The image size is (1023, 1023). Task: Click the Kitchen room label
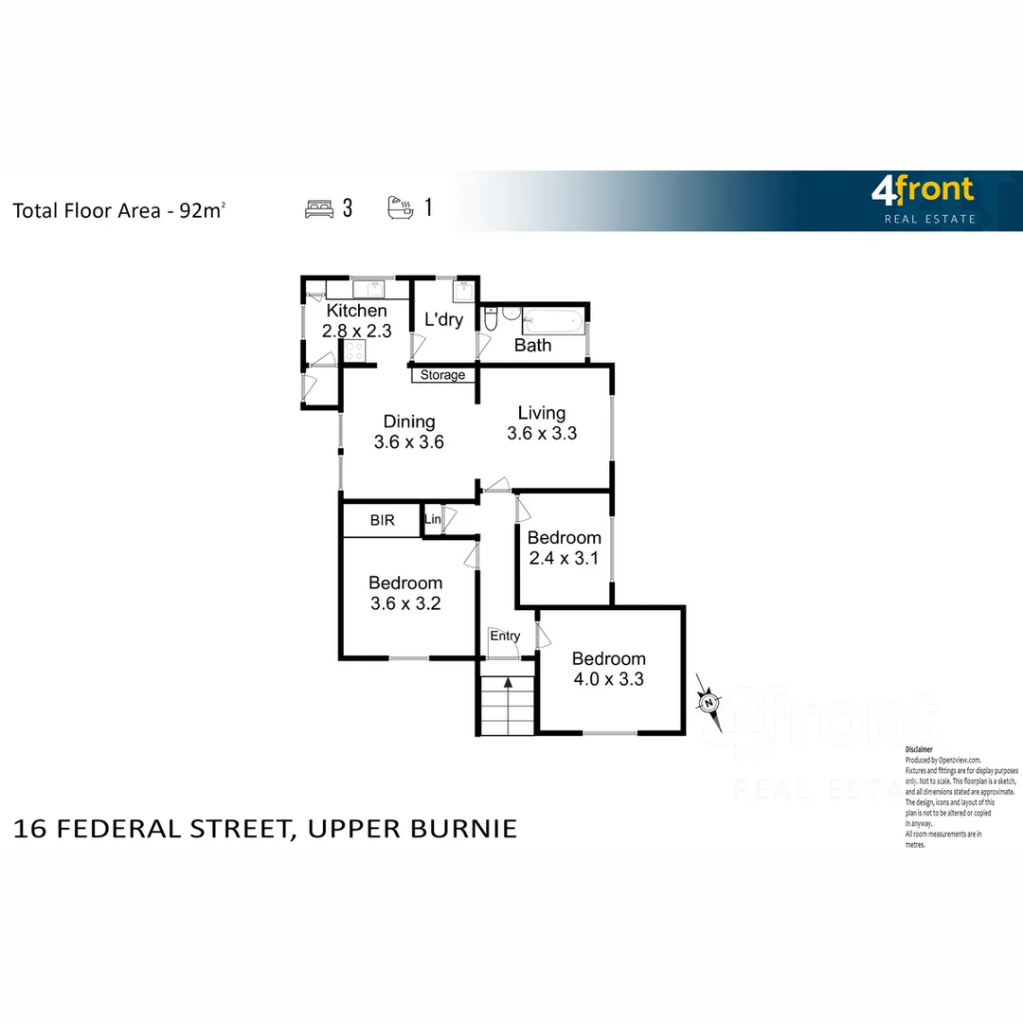click(x=356, y=311)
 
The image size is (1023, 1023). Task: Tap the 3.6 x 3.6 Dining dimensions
click(x=409, y=441)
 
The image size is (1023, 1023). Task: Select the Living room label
click(x=542, y=413)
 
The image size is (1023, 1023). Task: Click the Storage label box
click(x=442, y=375)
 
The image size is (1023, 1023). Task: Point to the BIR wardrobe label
click(x=382, y=521)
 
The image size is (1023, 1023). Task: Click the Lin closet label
click(x=433, y=520)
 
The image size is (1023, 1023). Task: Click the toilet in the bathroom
click(x=490, y=321)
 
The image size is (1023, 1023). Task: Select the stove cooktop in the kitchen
click(x=355, y=351)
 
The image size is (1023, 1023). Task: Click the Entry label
click(x=505, y=636)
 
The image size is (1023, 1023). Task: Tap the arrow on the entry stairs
click(x=508, y=681)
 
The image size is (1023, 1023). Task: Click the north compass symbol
click(x=708, y=702)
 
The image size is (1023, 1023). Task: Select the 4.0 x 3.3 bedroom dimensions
click(x=608, y=679)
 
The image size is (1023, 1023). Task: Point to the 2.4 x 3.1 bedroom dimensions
click(x=564, y=558)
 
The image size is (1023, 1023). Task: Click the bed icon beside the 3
click(x=319, y=208)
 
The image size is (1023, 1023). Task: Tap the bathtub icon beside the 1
click(x=400, y=207)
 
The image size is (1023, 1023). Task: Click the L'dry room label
click(x=443, y=319)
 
